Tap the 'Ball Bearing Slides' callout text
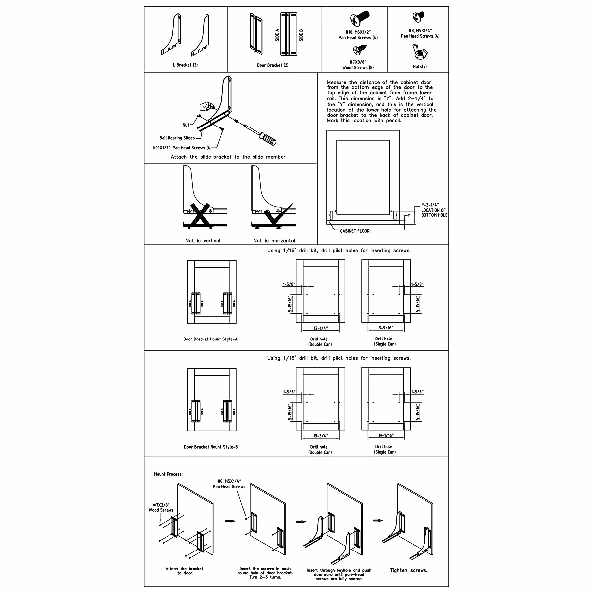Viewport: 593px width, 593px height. click(177, 138)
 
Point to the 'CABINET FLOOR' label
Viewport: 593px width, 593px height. click(354, 231)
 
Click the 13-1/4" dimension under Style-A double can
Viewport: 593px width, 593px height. click(320, 327)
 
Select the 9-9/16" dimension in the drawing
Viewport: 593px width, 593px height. click(385, 327)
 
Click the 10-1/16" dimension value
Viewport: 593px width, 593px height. click(385, 435)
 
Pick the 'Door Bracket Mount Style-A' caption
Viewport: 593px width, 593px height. click(211, 339)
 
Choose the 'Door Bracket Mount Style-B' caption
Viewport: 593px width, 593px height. click(211, 447)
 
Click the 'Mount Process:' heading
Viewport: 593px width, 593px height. click(169, 474)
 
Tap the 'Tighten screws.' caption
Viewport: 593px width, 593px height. click(409, 570)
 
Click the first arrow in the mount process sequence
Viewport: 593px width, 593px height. click(230, 520)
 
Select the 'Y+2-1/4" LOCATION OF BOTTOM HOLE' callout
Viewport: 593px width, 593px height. click(433, 210)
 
